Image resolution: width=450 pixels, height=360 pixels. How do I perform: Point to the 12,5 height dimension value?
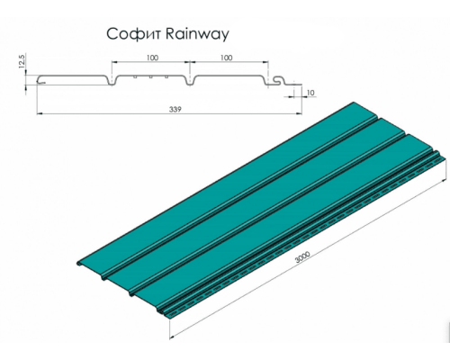pos(20,65)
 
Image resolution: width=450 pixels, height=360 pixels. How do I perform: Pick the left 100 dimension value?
pos(149,58)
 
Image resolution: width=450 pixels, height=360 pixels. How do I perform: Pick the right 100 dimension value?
pos(227,58)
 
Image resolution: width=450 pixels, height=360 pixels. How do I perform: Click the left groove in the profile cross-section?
pos(112,83)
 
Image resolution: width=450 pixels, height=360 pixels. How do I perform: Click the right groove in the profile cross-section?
pos(189,83)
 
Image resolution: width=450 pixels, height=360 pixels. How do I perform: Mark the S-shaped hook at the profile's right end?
pos(282,85)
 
